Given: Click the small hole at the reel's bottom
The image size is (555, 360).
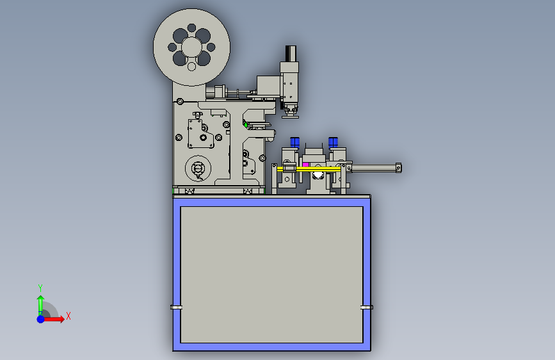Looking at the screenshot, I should [x=191, y=67].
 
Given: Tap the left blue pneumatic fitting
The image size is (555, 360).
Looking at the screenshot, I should [x=295, y=142].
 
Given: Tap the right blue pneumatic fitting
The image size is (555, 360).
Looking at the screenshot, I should [x=333, y=142].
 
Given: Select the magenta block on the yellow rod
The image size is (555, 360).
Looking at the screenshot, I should [x=306, y=165].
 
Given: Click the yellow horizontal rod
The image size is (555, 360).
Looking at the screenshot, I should [x=320, y=169].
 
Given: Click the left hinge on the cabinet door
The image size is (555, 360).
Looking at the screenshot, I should [x=176, y=307].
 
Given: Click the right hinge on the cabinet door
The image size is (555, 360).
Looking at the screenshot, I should [x=366, y=307].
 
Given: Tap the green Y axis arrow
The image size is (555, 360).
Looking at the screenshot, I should [x=40, y=302].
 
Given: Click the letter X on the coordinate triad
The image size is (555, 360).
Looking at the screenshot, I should [x=68, y=316].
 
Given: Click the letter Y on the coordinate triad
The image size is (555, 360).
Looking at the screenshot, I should [x=40, y=288].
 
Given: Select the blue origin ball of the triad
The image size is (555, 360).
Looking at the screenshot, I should [x=40, y=318].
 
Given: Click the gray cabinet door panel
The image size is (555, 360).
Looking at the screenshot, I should [x=271, y=274].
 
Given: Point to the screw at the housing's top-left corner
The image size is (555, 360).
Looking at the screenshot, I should [x=180, y=101].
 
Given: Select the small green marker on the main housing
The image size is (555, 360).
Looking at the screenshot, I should [x=244, y=123].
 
